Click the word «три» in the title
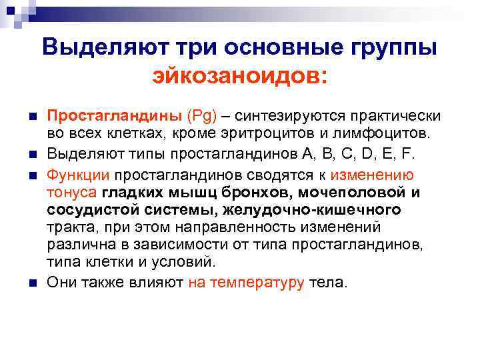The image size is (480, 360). click(199, 48)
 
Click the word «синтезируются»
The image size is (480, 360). click(283, 116)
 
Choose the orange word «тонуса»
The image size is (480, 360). click(71, 193)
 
